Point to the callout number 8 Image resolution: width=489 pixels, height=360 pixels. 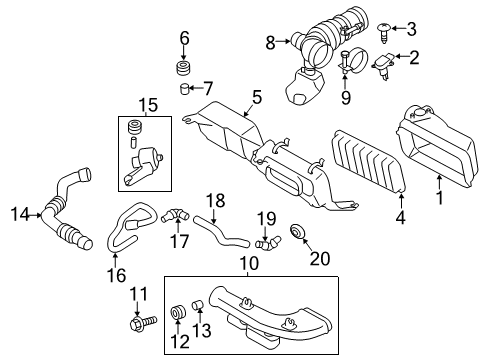270,42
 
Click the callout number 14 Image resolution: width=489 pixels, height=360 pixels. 18,212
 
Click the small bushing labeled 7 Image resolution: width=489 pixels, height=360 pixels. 184,91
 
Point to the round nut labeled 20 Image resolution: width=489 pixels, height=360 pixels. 298,234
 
